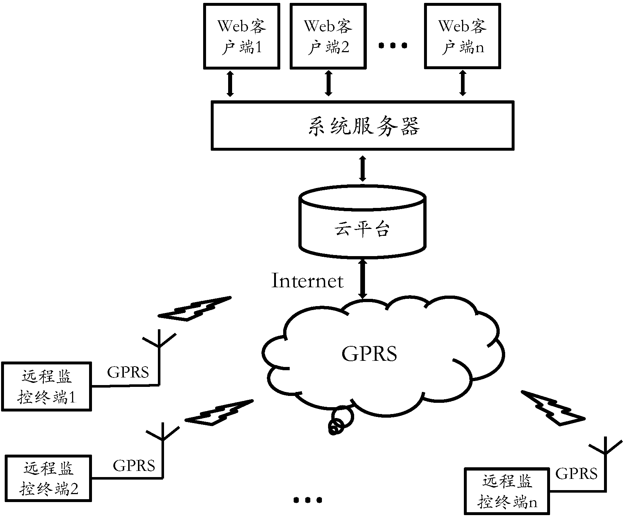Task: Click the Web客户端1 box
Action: click(242, 36)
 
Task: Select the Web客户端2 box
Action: click(328, 36)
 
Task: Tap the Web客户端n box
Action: click(462, 36)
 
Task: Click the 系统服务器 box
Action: click(362, 126)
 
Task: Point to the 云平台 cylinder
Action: click(362, 225)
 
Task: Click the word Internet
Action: click(307, 281)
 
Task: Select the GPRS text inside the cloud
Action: click(369, 354)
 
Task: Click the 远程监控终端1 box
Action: click(46, 386)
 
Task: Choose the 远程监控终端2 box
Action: click(49, 479)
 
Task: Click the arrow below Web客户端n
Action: click(463, 83)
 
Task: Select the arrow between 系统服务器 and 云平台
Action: click(362, 168)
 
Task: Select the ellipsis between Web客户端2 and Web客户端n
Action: click(393, 46)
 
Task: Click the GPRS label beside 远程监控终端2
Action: click(134, 465)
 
